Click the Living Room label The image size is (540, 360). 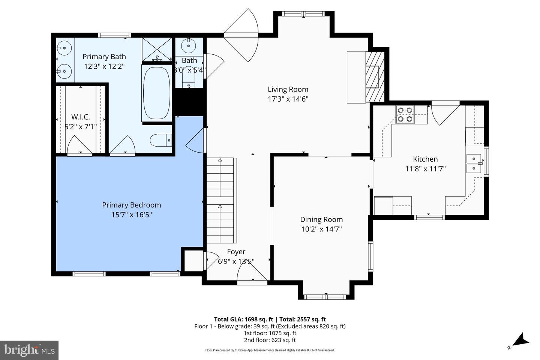click(288, 89)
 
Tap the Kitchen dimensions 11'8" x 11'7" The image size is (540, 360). click(425, 169)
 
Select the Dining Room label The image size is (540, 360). click(321, 219)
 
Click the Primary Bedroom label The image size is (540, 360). click(131, 205)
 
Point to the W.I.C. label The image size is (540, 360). click(81, 117)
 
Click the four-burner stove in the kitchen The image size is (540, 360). click(405, 114)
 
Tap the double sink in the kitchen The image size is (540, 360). click(474, 163)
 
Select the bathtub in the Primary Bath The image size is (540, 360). click(157, 93)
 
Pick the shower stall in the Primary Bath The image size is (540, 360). click(157, 49)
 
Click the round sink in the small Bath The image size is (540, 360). click(188, 46)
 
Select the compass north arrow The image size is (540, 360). click(520, 340)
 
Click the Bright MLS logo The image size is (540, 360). click(29, 350)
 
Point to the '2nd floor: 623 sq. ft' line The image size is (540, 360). click(270, 340)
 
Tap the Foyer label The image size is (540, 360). click(236, 252)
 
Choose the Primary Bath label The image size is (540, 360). click(104, 57)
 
